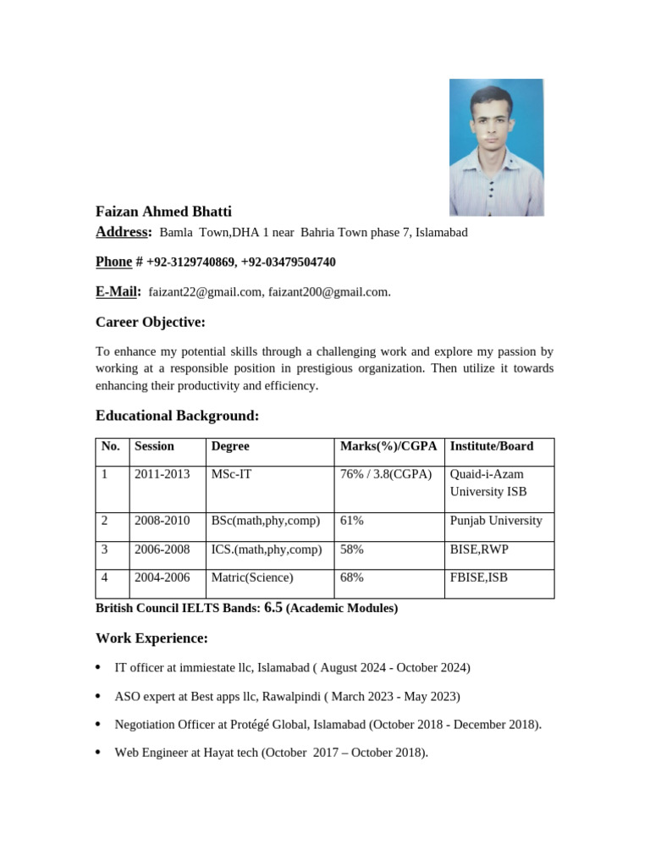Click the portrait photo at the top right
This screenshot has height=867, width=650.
[496, 146]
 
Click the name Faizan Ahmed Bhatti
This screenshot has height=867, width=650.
[163, 212]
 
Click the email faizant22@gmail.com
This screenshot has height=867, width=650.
[205, 292]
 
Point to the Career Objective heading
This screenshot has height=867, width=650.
[151, 323]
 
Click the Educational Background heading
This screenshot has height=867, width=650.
[177, 416]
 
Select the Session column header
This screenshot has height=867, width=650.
[154, 446]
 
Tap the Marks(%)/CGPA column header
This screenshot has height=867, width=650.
[388, 446]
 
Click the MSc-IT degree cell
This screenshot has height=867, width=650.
[231, 474]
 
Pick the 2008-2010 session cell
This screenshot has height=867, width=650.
[162, 521]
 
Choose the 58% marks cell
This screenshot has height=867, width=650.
[352, 549]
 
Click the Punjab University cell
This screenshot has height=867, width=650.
[496, 521]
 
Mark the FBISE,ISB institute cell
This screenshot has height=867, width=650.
[479, 577]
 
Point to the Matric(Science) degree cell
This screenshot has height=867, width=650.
[252, 577]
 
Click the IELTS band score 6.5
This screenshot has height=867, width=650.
[273, 607]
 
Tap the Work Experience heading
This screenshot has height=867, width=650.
[151, 638]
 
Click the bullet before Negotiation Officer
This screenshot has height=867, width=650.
[99, 725]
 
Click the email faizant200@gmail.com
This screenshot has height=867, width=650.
[328, 292]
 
